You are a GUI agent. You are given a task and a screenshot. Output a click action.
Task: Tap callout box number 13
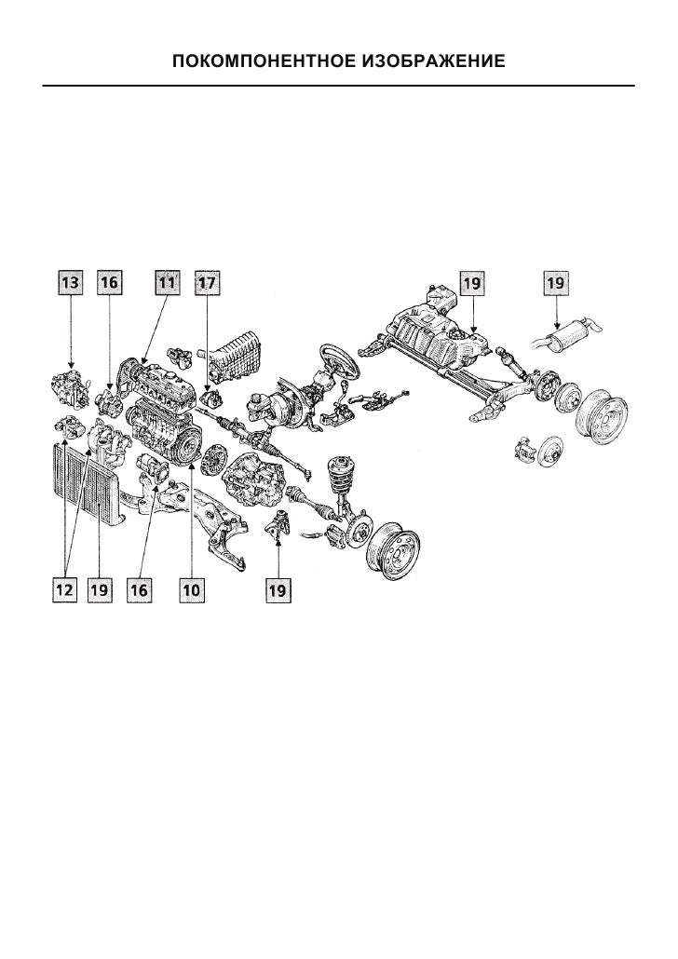71,282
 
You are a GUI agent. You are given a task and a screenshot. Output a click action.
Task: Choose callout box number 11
167,282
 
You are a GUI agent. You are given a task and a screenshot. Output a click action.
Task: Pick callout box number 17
207,282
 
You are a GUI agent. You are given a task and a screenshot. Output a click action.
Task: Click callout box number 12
64,589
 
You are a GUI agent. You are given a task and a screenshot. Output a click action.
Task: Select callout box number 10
192,589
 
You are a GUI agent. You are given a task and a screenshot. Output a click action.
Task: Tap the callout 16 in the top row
109,282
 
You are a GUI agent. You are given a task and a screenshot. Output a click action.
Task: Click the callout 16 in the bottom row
140,589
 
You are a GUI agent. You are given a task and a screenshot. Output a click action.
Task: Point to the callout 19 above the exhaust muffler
556,283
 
